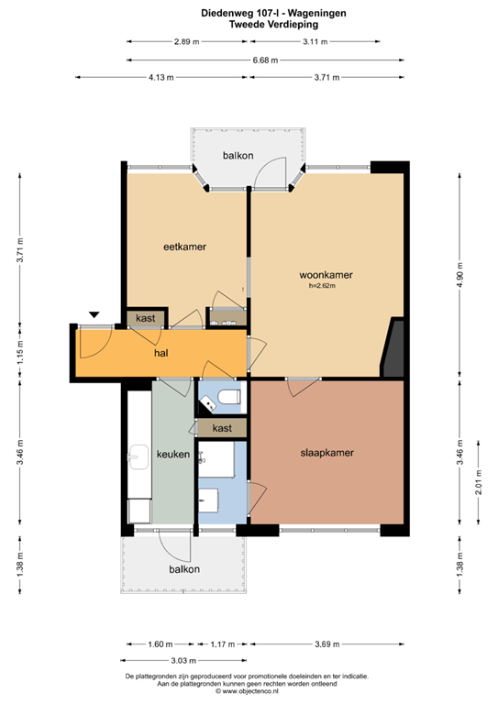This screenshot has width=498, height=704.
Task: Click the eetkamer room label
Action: coord(184,247)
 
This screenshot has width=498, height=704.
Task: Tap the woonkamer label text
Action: coord(326,275)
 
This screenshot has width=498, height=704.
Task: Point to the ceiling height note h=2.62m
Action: coord(323,286)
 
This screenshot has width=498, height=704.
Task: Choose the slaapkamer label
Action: coord(326,453)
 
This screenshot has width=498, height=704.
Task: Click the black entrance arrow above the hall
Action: coord(94,315)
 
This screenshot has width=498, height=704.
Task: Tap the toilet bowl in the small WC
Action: coord(228,396)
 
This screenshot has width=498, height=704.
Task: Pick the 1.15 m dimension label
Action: coord(20,351)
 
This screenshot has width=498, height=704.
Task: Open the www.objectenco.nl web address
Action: coord(249,693)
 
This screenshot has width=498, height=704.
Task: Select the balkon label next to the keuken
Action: coord(183,569)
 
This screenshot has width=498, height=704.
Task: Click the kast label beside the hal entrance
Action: coord(145,318)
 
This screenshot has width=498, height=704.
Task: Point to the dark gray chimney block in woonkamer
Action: coord(393,349)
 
